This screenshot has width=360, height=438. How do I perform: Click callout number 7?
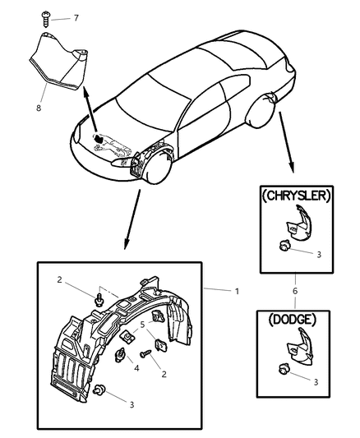click(x=76, y=17)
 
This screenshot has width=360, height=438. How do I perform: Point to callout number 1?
click(x=236, y=291)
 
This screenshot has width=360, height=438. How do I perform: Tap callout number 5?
click(x=141, y=325)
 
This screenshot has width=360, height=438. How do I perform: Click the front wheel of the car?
click(x=156, y=169)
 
